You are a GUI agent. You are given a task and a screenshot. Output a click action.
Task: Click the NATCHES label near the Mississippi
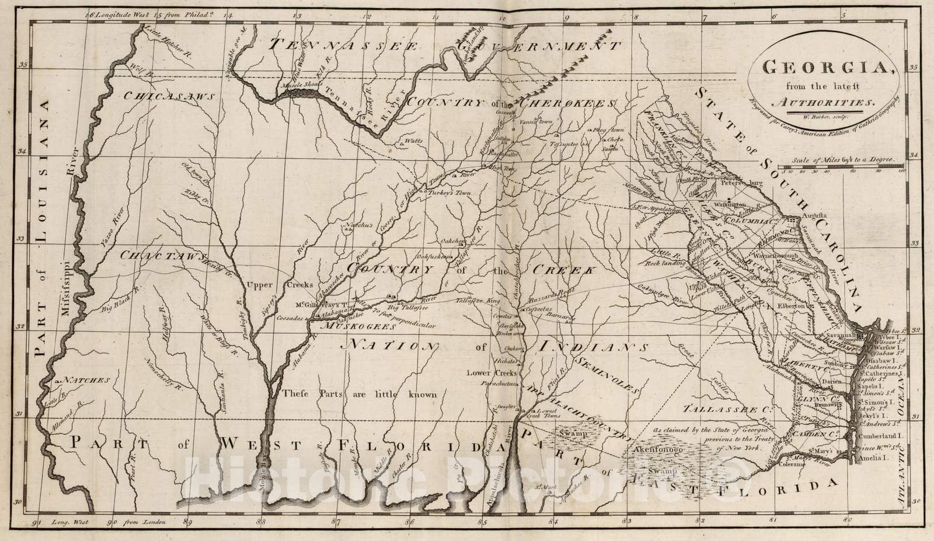point(86,380)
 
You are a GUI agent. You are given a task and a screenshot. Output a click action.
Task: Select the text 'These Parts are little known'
point(359,394)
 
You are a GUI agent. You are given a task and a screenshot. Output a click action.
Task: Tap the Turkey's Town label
point(448,192)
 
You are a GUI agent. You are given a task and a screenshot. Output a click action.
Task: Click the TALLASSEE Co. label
point(726,408)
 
